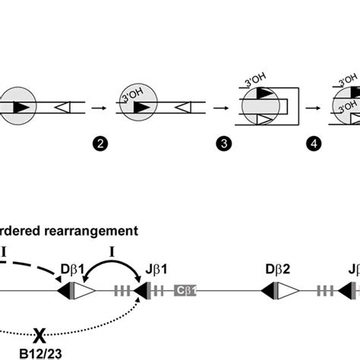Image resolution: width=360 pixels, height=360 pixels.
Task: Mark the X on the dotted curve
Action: pyautogui.click(x=39, y=333)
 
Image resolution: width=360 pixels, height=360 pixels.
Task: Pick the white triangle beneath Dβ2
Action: pyautogui.click(x=289, y=290)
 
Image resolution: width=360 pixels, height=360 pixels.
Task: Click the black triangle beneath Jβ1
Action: pyautogui.click(x=142, y=290)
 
